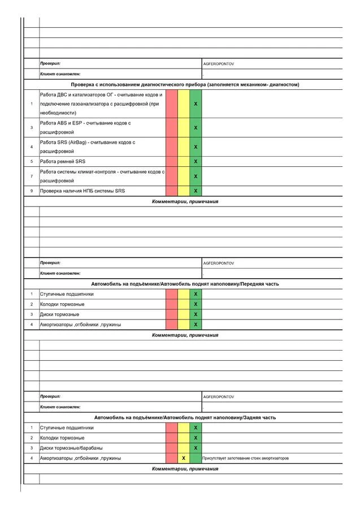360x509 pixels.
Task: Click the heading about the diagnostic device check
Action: tap(185, 84)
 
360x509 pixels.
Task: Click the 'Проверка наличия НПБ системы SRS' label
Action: tap(83, 191)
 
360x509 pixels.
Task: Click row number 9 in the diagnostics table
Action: tap(32, 191)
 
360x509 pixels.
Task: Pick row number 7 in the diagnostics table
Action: tap(32, 176)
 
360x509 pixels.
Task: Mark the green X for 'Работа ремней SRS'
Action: tap(196, 161)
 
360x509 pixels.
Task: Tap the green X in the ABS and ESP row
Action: tap(196, 127)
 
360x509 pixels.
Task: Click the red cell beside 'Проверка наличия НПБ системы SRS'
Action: tap(172, 191)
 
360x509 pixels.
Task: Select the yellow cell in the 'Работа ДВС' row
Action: tap(184, 104)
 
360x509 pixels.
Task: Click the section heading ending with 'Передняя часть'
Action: tap(185, 283)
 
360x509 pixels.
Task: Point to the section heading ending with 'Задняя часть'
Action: tap(185, 417)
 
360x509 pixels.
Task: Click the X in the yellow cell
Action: tap(184, 458)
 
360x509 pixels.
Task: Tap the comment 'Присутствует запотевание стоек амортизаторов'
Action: tap(246, 458)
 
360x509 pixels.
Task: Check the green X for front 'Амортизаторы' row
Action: tap(196, 325)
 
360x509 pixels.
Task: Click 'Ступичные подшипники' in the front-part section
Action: tap(67, 294)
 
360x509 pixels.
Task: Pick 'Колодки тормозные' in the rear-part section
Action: tap(62, 438)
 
